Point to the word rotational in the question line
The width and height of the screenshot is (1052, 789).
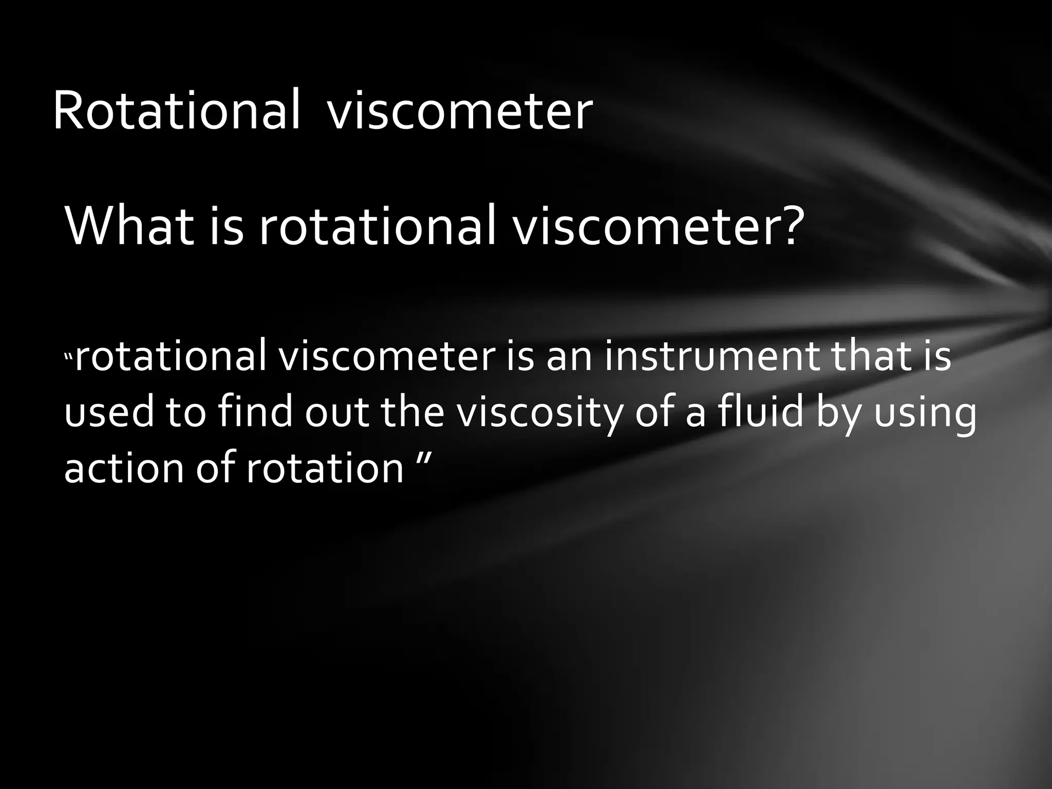click(x=378, y=226)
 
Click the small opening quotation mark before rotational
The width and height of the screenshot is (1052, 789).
click(x=69, y=355)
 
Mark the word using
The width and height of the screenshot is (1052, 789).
click(x=925, y=414)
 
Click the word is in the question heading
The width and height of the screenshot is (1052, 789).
click(x=226, y=226)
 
